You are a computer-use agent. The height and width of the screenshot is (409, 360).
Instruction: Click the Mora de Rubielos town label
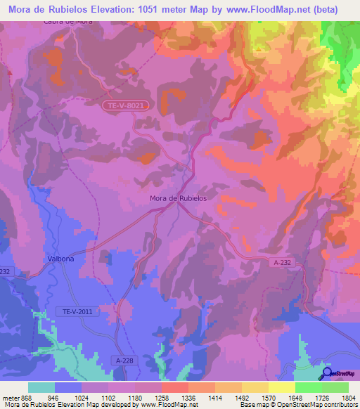178,198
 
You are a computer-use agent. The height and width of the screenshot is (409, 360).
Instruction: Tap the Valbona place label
60,259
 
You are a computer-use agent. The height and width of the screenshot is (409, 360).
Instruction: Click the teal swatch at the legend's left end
41,387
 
